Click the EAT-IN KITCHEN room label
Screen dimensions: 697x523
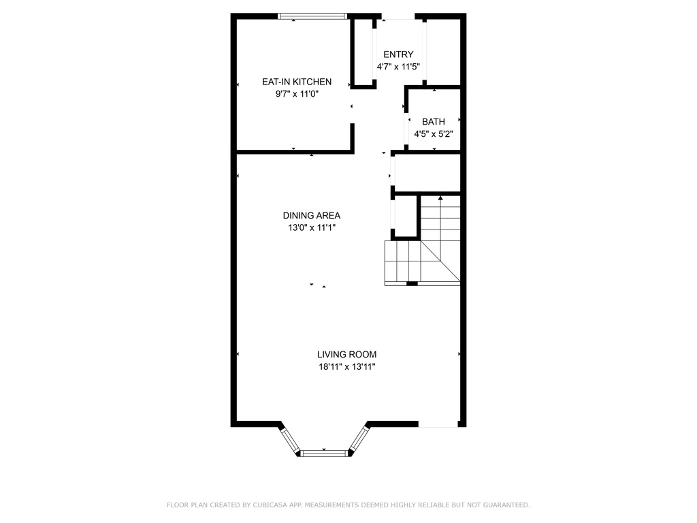[297, 82]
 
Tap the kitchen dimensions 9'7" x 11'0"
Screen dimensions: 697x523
[297, 94]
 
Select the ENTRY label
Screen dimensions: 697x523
[398, 54]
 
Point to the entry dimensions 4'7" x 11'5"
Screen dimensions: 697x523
[398, 67]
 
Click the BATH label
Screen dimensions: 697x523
[434, 121]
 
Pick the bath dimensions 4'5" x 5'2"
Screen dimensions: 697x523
[434, 134]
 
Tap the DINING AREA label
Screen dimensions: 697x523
[312, 216]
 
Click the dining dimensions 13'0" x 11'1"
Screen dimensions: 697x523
[312, 227]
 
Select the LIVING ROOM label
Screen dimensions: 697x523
[346, 354]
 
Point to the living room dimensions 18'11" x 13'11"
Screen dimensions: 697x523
[347, 367]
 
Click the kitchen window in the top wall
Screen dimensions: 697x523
[312, 16]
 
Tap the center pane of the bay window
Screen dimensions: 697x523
[324, 454]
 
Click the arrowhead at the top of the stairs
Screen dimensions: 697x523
[440, 198]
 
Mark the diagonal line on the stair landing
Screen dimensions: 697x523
[440, 261]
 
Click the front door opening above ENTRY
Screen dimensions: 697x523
[398, 17]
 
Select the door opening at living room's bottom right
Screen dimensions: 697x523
[438, 424]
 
